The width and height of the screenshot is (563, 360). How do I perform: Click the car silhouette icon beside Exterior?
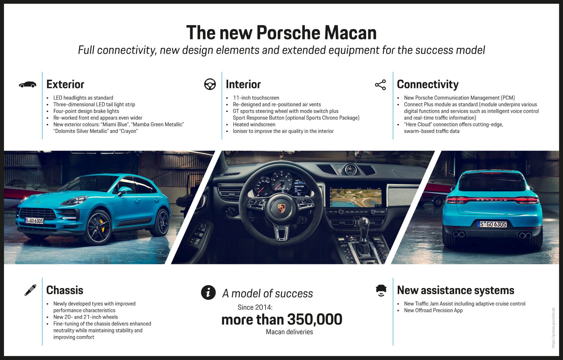[x=27, y=85]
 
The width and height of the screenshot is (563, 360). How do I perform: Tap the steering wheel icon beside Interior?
[x=210, y=84]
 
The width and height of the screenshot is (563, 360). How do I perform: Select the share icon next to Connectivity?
[x=380, y=85]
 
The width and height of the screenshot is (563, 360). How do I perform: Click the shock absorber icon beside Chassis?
[x=30, y=290]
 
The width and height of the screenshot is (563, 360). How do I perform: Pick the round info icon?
[x=208, y=292]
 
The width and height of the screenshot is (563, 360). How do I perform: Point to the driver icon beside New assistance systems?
[x=381, y=290]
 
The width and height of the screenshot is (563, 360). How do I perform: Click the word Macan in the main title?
[x=350, y=33]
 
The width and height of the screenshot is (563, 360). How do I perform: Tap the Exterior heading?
[x=65, y=84]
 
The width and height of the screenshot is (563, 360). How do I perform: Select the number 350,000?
[x=315, y=319]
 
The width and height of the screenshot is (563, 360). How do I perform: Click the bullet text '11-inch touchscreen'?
[x=256, y=98]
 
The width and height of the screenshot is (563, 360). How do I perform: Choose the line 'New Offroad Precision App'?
[x=433, y=310]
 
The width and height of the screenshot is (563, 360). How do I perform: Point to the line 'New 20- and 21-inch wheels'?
[x=85, y=317]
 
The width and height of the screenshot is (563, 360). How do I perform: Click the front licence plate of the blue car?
[x=34, y=220]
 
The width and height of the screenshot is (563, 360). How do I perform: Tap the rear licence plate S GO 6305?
[x=492, y=224]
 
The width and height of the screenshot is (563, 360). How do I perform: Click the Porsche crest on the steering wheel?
[x=281, y=208]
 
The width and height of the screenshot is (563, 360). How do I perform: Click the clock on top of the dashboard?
[x=350, y=170]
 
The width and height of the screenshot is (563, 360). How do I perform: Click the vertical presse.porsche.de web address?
[x=553, y=328]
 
